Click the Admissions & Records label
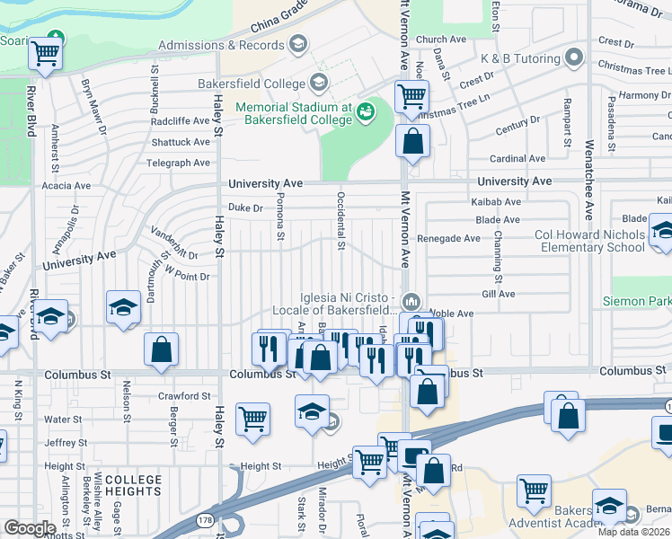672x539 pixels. (x=221, y=45)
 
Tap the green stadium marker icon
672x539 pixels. (x=366, y=111)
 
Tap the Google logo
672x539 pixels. (x=30, y=528)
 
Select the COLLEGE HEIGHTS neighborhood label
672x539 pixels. (x=133, y=486)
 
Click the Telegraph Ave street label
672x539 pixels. (x=180, y=163)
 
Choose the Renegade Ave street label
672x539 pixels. (x=449, y=239)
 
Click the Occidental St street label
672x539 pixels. (x=341, y=219)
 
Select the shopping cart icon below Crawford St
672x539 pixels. (x=253, y=418)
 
